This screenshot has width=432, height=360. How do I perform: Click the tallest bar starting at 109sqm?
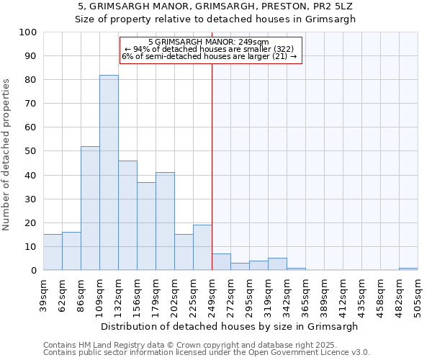pyautogui.click(x=109, y=173)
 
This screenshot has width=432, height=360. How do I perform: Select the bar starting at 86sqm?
pyautogui.click(x=90, y=208)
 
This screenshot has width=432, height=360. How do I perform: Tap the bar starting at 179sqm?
pyautogui.click(x=165, y=221)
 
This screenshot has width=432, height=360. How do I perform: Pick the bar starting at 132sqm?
pyautogui.click(x=127, y=215)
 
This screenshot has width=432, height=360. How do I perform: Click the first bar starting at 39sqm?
pyautogui.click(x=53, y=252)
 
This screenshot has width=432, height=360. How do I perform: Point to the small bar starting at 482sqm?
pyautogui.click(x=408, y=269)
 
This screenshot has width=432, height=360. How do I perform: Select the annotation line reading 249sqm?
pyautogui.click(x=208, y=42)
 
